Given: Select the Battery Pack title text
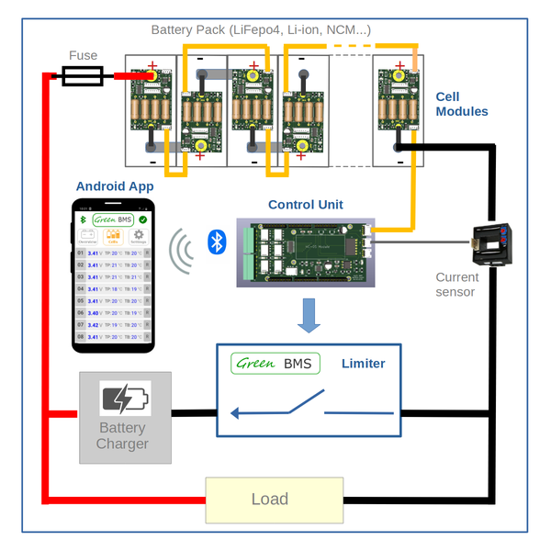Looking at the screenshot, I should (261, 30).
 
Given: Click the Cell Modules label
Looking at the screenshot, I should (462, 104).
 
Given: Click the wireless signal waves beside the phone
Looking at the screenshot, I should (182, 251).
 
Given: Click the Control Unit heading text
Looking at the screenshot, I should (305, 204).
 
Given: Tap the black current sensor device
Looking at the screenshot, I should (493, 245).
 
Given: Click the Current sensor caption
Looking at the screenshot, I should (456, 284).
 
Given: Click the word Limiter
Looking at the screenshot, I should (363, 364).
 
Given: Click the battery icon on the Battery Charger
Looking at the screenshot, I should (125, 399).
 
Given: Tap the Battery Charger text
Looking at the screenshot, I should (122, 436).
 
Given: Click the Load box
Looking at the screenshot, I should (274, 500).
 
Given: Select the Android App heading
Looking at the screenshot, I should (115, 186).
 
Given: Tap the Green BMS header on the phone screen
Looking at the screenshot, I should (115, 220).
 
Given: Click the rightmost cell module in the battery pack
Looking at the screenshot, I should (399, 111).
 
